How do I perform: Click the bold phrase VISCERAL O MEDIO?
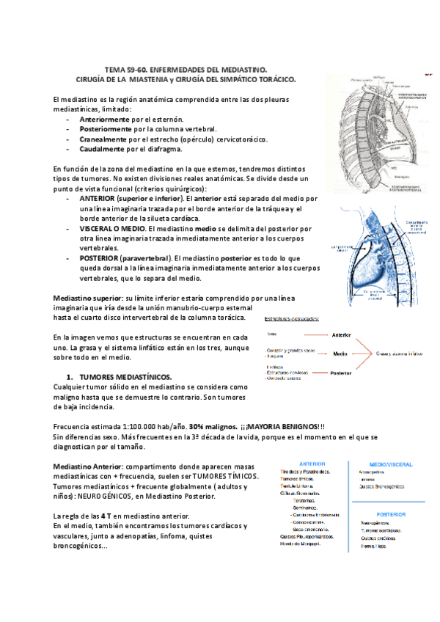[x=111, y=229]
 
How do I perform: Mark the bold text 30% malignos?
[x=210, y=427]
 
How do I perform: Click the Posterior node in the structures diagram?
[x=340, y=373]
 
